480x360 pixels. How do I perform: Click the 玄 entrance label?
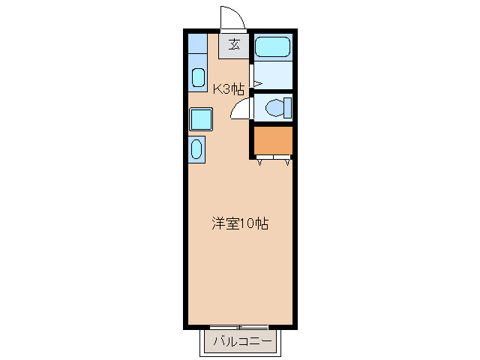[x=234, y=45]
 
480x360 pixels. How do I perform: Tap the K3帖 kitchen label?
[x=229, y=89]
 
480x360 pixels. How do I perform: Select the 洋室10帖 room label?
[x=240, y=223]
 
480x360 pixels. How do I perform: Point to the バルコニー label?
[x=242, y=341]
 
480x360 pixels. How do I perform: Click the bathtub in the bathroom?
[x=272, y=46]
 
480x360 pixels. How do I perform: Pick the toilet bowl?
[x=274, y=108]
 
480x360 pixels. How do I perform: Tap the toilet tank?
[x=288, y=108]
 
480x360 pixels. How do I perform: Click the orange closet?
[x=273, y=140]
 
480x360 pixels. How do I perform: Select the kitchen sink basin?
[x=198, y=77]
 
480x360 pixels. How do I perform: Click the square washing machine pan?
[x=201, y=119]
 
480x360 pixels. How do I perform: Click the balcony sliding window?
[x=239, y=327]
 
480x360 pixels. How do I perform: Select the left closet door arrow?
[x=260, y=163]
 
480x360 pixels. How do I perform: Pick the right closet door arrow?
[x=287, y=163]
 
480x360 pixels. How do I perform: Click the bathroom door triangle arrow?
[x=258, y=83]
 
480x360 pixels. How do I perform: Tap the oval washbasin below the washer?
[x=196, y=149]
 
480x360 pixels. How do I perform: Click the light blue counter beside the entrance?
[x=197, y=43]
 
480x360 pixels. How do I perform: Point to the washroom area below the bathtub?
[x=273, y=75]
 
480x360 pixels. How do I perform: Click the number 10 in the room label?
[x=247, y=223]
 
